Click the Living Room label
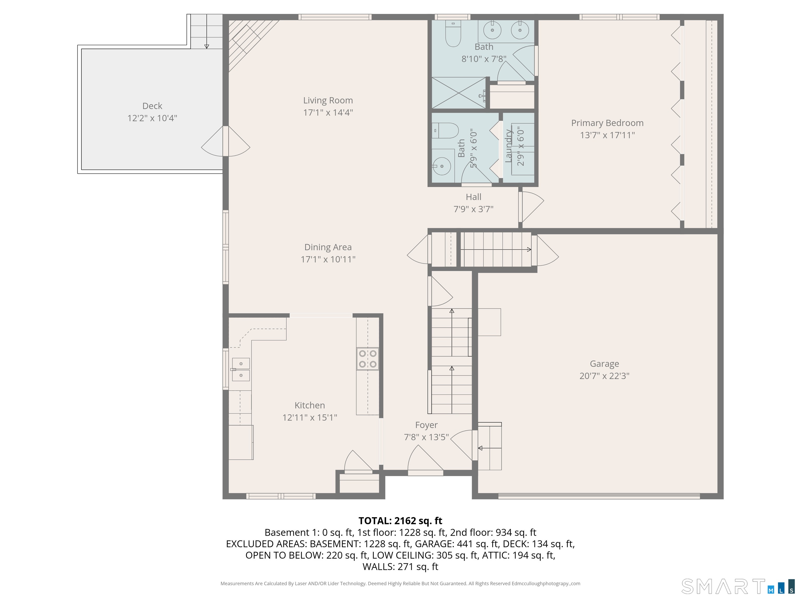[328, 101]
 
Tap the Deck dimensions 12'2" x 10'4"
[152, 118]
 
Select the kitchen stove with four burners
[368, 359]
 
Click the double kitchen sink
[241, 369]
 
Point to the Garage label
[604, 364]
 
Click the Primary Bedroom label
[607, 123]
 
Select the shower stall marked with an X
[458, 93]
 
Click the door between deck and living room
[226, 141]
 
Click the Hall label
[473, 197]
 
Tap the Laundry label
[509, 146]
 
